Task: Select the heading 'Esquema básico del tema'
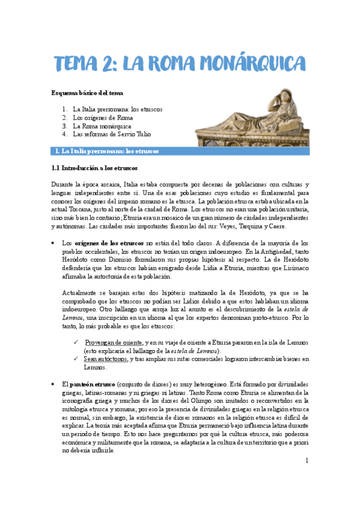(x=87, y=93)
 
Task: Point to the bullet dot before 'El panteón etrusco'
(x=55, y=384)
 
